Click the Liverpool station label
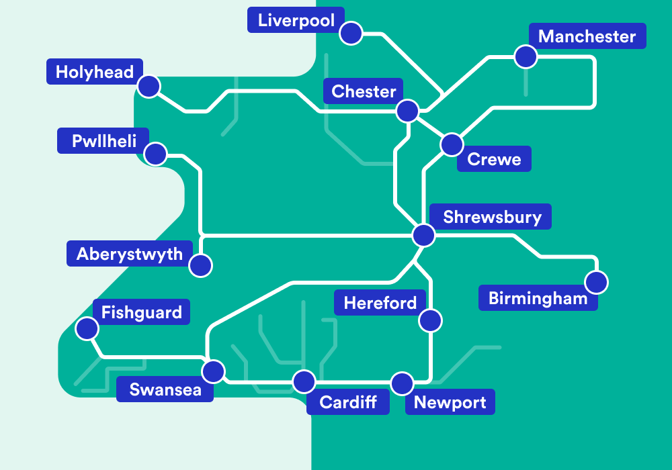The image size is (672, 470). tap(296, 20)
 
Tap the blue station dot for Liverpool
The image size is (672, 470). tap(351, 33)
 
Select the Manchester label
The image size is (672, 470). tap(587, 36)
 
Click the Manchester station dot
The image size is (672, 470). tap(526, 56)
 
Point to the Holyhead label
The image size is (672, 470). tap(95, 72)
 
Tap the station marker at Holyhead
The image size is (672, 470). tap(149, 86)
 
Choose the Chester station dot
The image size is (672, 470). tap(407, 111)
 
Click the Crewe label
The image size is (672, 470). tap(494, 159)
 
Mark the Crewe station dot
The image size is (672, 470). tap(452, 144)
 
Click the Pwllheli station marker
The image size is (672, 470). tap(156, 154)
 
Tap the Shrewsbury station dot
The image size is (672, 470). tap(423, 235)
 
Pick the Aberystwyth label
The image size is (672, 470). tap(129, 254)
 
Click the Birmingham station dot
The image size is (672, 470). tap(596, 282)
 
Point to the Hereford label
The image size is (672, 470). tap(380, 303)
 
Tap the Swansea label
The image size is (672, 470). tap(165, 389)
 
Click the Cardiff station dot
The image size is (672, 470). tap(304, 382)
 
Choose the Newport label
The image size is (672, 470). tap(450, 402)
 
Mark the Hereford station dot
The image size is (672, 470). tap(430, 320)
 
